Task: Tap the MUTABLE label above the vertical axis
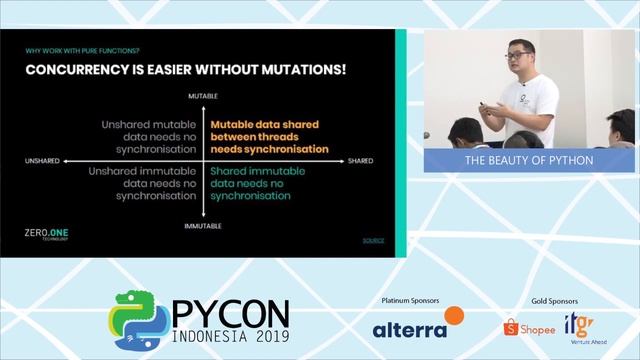[x=203, y=95]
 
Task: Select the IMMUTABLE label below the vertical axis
[x=203, y=227]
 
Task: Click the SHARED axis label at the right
[x=361, y=161]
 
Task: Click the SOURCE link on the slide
[x=373, y=241]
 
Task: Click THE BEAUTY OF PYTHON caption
[x=529, y=160]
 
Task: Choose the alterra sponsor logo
[x=417, y=325]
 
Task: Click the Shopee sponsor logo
[x=529, y=326]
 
